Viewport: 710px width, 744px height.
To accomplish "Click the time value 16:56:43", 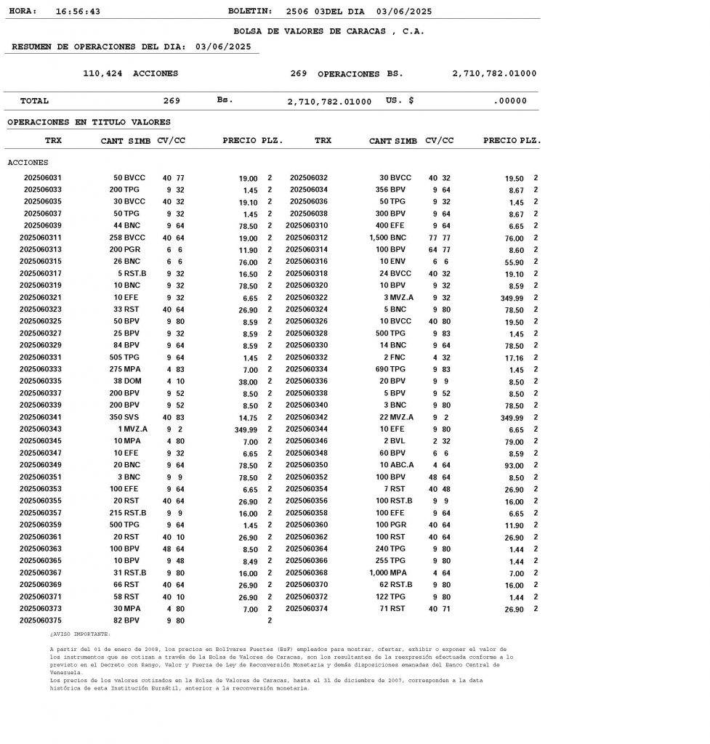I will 78,12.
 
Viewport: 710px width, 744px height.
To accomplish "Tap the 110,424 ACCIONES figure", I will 131,73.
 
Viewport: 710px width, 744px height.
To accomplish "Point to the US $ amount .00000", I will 509,101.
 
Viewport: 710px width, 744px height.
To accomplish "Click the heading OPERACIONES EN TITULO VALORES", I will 89,122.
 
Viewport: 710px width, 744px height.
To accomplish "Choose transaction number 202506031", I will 43,178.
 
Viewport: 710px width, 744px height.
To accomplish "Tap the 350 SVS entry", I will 125,417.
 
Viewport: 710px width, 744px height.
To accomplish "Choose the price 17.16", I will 513,357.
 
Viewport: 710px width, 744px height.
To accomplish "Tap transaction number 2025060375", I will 41,620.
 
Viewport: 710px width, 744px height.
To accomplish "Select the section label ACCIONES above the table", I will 28,163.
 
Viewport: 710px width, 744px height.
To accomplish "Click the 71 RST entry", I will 392,608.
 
